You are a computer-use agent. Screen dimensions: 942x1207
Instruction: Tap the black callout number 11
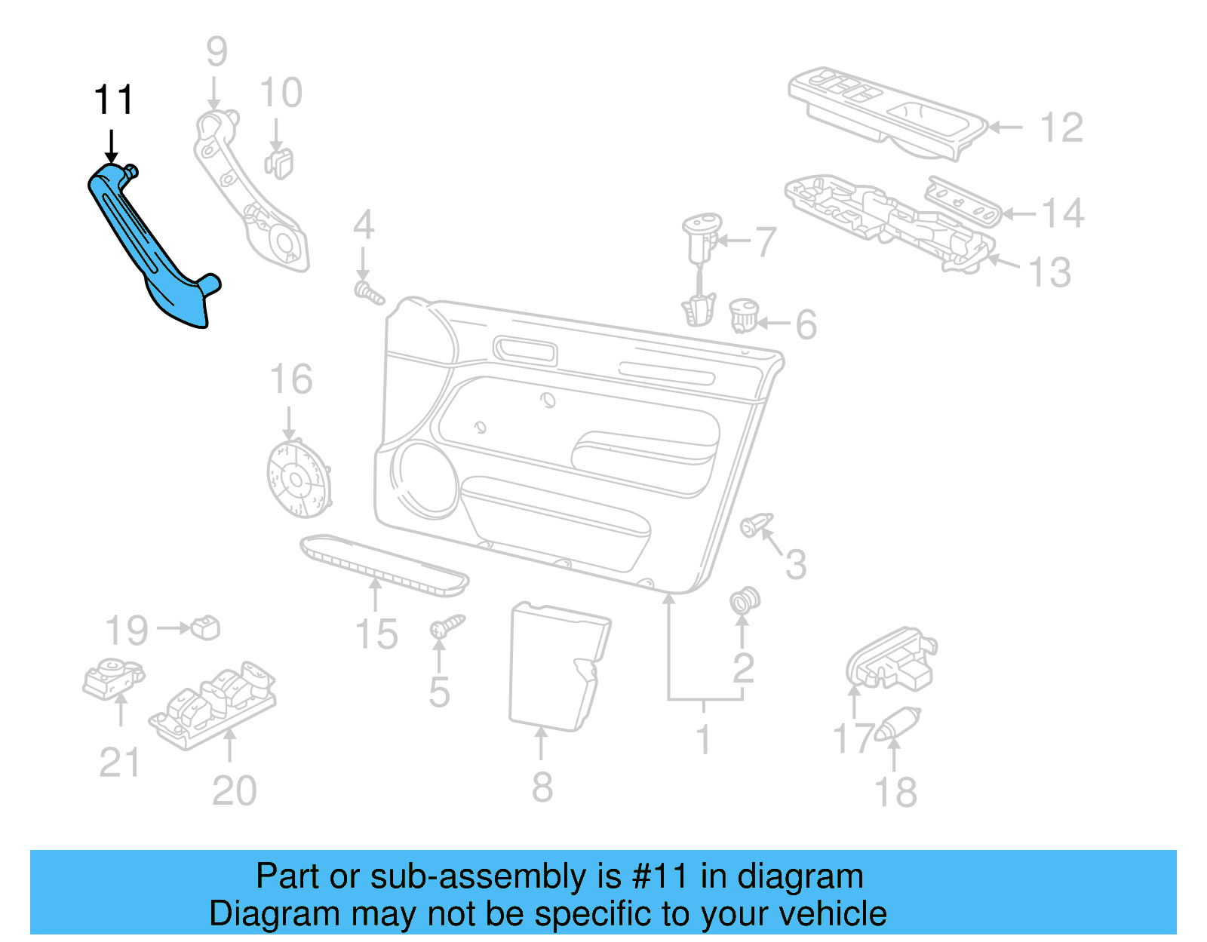113,100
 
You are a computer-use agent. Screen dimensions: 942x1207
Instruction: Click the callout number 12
1061,127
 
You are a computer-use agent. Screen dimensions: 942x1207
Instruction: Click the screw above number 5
447,626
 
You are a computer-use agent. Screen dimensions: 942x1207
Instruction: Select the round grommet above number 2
745,600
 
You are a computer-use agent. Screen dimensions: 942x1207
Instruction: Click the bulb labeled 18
897,724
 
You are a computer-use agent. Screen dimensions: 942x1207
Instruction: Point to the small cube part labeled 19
205,627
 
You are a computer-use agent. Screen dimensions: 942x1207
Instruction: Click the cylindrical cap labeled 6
744,315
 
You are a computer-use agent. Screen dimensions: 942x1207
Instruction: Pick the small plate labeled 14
963,201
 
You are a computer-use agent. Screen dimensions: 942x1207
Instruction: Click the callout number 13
1049,272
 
